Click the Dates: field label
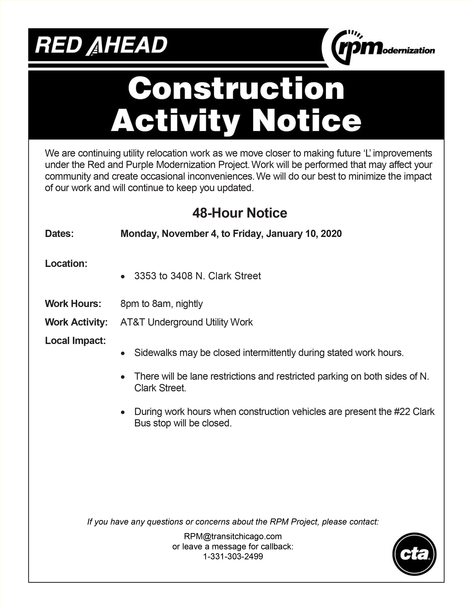pos(59,233)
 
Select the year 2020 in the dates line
pos(331,233)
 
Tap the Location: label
pos(66,263)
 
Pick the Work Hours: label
pos(73,304)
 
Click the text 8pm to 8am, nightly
pos(161,304)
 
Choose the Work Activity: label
pos(76,322)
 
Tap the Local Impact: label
pos(75,341)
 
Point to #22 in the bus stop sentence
pos(402,411)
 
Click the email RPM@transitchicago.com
pos(233,536)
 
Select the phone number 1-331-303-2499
pos(233,556)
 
